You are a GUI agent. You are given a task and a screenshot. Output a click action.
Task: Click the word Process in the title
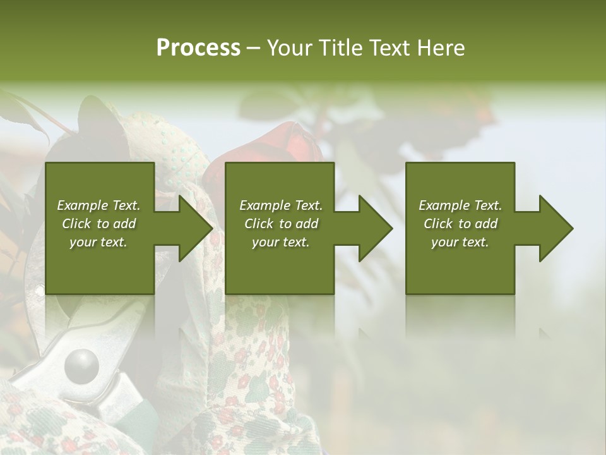pyautogui.click(x=198, y=47)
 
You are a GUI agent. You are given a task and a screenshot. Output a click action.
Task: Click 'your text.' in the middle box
pyautogui.click(x=280, y=242)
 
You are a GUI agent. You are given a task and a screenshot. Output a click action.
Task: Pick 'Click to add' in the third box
pyautogui.click(x=460, y=224)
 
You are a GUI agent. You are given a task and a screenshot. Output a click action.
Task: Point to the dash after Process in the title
pyautogui.click(x=253, y=48)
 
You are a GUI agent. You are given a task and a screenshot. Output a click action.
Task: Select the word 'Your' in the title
pyautogui.click(x=287, y=47)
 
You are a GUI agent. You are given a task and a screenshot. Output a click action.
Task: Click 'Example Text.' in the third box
pyautogui.click(x=460, y=205)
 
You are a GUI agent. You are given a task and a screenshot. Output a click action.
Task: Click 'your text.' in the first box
pyautogui.click(x=98, y=242)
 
